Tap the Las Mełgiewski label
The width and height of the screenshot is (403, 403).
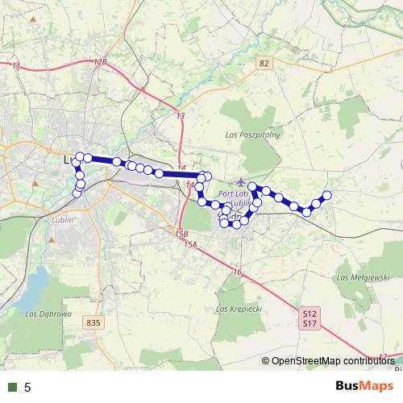(364, 276)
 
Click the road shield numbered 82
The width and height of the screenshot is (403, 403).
(264, 63)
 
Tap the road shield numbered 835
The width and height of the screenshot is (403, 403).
(93, 322)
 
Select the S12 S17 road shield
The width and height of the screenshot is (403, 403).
(310, 318)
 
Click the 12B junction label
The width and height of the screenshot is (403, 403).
(100, 62)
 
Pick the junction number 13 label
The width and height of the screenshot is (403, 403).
(180, 117)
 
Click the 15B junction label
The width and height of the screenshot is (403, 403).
(181, 235)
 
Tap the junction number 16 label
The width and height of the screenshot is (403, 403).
(237, 273)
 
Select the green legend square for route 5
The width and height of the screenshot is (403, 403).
(12, 387)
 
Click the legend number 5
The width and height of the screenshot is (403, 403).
(27, 387)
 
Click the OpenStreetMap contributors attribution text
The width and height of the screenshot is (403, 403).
(333, 360)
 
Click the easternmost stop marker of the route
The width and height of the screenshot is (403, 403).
(327, 195)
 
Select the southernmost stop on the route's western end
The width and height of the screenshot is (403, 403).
(77, 193)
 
